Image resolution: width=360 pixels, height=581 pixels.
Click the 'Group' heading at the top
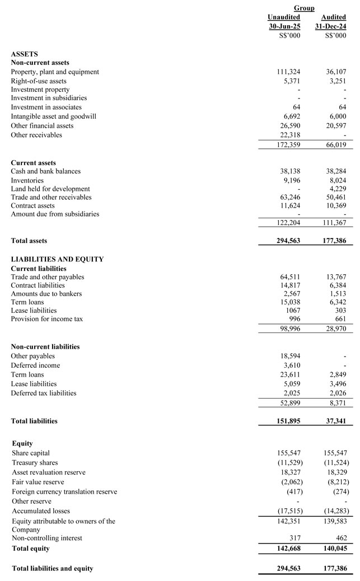[x=304, y=8]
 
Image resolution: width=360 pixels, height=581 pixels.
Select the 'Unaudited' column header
[x=284, y=17]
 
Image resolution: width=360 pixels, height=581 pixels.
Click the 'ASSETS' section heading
[x=25, y=54]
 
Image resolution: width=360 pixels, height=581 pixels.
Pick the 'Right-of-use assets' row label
[x=39, y=81]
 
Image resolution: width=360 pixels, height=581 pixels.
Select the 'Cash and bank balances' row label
[x=46, y=171]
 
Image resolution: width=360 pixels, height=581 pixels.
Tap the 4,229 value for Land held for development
[x=338, y=189]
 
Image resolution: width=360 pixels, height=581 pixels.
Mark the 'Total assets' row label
[x=29, y=241]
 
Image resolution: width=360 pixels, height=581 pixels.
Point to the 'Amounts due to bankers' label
[x=46, y=294]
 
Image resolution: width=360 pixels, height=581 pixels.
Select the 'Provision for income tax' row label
[x=46, y=319]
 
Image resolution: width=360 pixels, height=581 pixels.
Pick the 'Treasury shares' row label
[x=35, y=462]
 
